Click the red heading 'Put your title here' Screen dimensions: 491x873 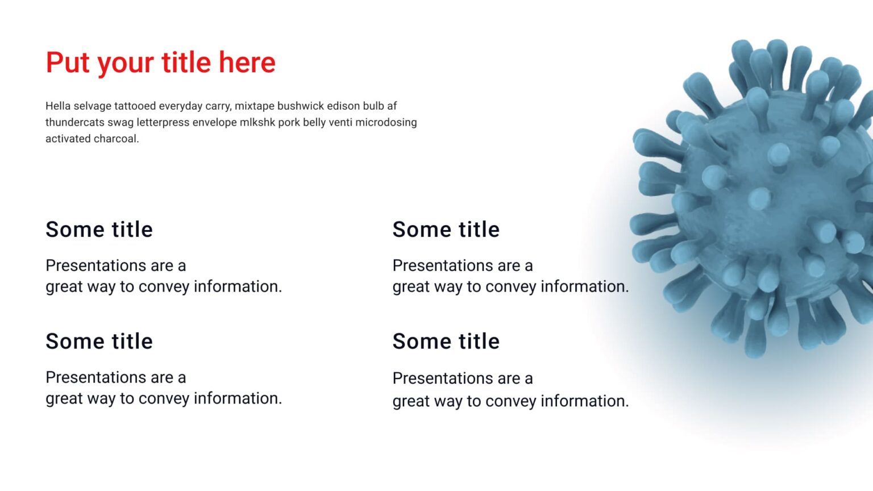point(160,63)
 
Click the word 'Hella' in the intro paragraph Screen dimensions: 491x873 point(58,106)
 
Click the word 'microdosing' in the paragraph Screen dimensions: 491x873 point(386,122)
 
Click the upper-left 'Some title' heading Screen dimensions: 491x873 point(99,230)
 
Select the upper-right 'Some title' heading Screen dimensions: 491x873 point(446,230)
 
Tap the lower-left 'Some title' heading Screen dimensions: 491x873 point(99,342)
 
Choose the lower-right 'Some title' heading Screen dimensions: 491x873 point(446,342)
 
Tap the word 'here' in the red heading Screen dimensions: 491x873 point(247,63)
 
